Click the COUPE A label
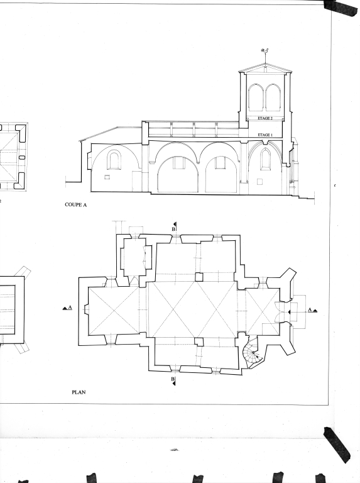75,204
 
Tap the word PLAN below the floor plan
79,392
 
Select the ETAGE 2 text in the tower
265,118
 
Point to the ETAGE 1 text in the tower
265,135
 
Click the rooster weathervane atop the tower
265,51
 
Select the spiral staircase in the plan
252,352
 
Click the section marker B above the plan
174,227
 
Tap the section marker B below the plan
174,380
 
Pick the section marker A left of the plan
68,308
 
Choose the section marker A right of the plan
312,310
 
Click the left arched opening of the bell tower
256,97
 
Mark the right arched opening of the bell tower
273,97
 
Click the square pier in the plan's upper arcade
199,277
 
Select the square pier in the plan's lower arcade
199,341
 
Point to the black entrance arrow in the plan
289,312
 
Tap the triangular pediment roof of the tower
265,69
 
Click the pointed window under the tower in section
265,158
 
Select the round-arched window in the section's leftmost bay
114,160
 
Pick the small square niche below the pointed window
259,181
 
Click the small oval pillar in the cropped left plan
22,158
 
